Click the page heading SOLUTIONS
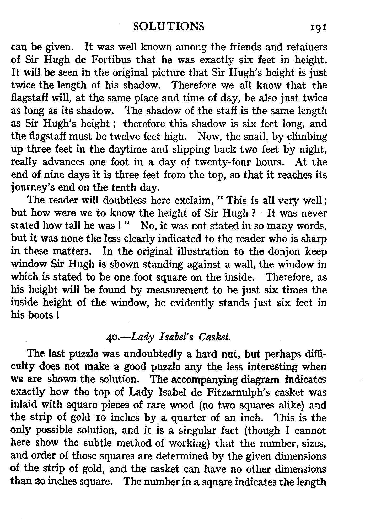tap(169, 27)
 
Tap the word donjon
tap(287, 251)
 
